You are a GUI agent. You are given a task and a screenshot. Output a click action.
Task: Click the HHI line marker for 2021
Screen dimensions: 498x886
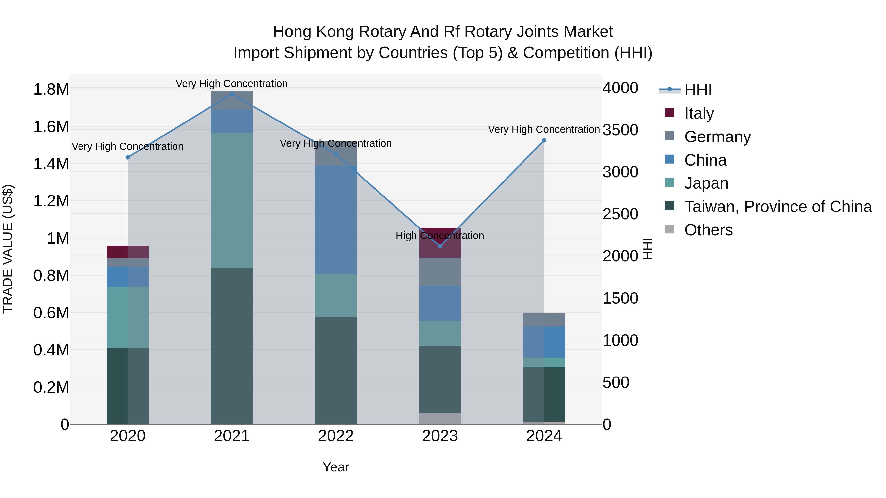(x=232, y=94)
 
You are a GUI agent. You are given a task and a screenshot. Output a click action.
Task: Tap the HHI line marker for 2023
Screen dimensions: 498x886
(x=440, y=246)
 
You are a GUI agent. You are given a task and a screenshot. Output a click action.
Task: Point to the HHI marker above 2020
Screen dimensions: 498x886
(x=127, y=157)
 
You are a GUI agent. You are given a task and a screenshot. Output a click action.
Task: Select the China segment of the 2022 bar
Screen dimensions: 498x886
(x=336, y=220)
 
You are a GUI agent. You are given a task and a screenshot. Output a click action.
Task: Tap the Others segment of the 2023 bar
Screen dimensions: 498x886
(x=440, y=418)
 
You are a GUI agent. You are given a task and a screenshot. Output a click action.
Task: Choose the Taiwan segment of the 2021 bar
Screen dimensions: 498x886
(x=232, y=346)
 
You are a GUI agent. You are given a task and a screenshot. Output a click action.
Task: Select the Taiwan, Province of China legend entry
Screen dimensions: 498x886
(x=777, y=207)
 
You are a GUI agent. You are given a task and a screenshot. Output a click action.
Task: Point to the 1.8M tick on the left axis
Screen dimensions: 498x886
(x=51, y=90)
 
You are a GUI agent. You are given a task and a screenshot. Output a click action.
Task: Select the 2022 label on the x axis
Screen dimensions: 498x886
(x=336, y=436)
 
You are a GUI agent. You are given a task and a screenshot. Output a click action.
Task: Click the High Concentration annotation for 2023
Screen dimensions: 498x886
(x=440, y=236)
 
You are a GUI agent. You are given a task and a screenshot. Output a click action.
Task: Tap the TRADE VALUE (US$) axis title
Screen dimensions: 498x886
(x=8, y=249)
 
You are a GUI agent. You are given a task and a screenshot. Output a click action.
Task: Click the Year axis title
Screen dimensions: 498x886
(x=336, y=467)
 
